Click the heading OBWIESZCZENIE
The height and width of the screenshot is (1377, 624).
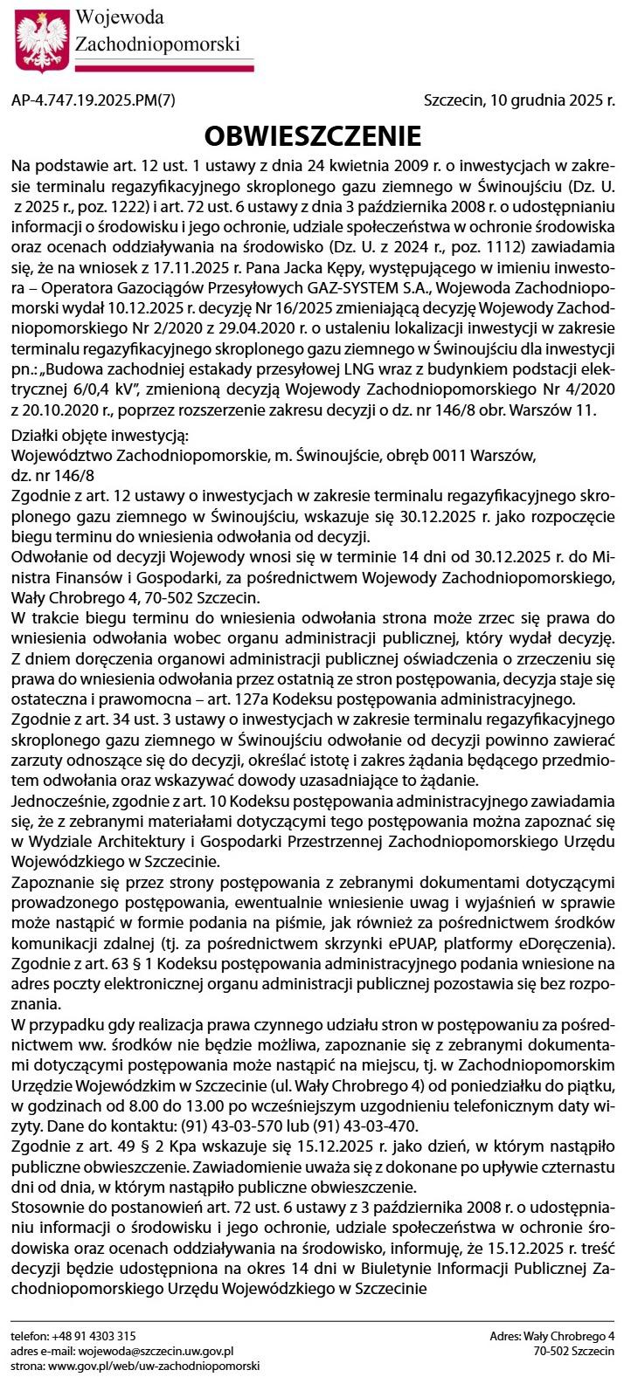(312, 136)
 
